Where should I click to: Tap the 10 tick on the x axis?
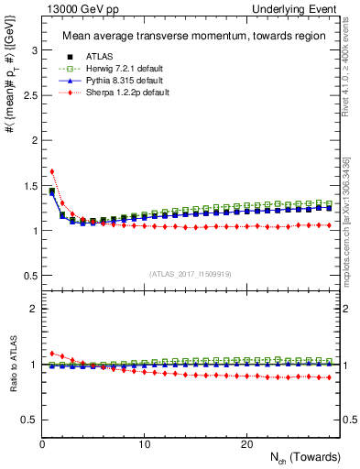click(144, 444)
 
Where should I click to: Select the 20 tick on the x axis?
click(246, 444)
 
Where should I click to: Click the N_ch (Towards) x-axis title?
click(307, 457)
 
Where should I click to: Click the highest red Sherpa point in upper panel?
click(52, 171)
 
